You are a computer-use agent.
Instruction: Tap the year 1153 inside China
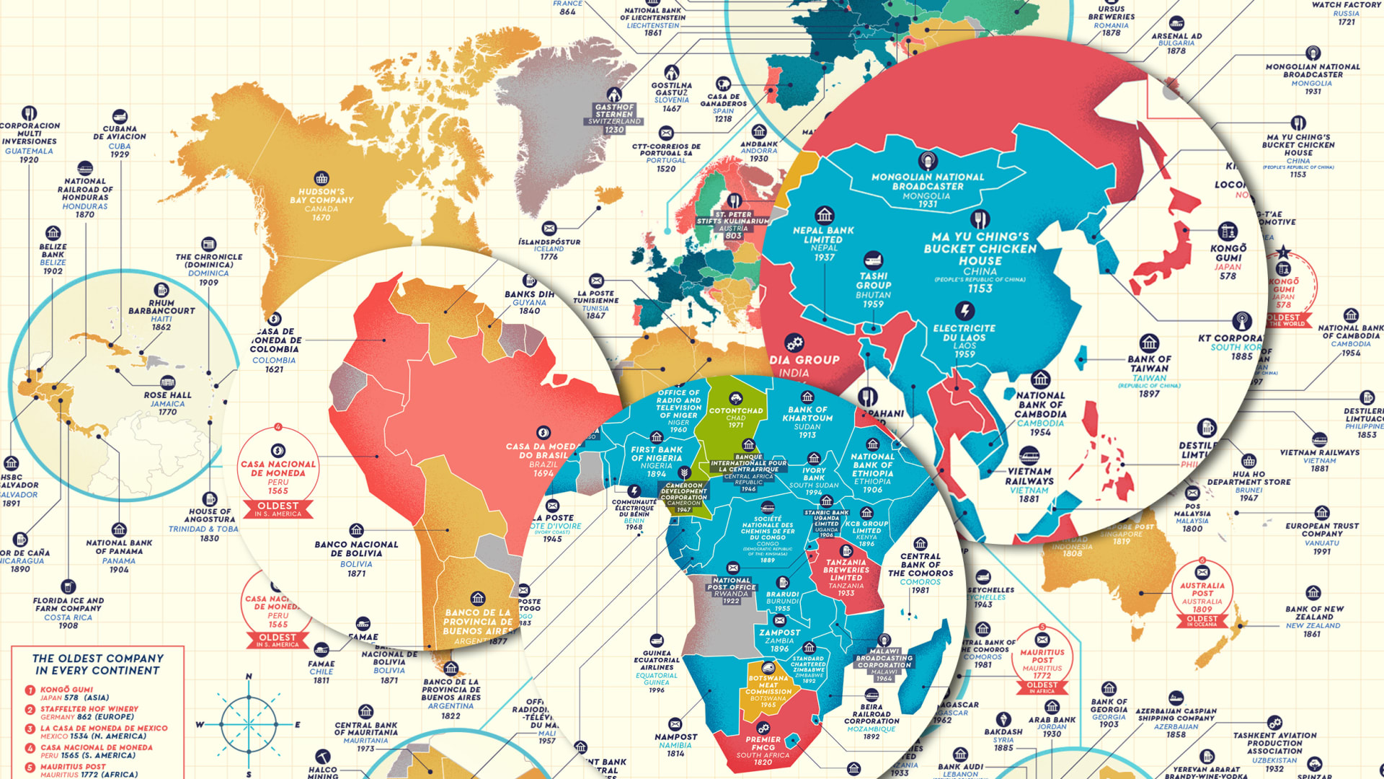[980, 289]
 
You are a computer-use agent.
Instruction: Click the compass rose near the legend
[249, 724]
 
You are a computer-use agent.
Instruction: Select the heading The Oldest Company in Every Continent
[98, 664]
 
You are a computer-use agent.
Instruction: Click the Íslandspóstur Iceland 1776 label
[549, 245]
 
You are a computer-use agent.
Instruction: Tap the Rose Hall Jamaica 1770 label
[167, 400]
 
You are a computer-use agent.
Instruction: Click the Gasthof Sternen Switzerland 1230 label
[614, 115]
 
